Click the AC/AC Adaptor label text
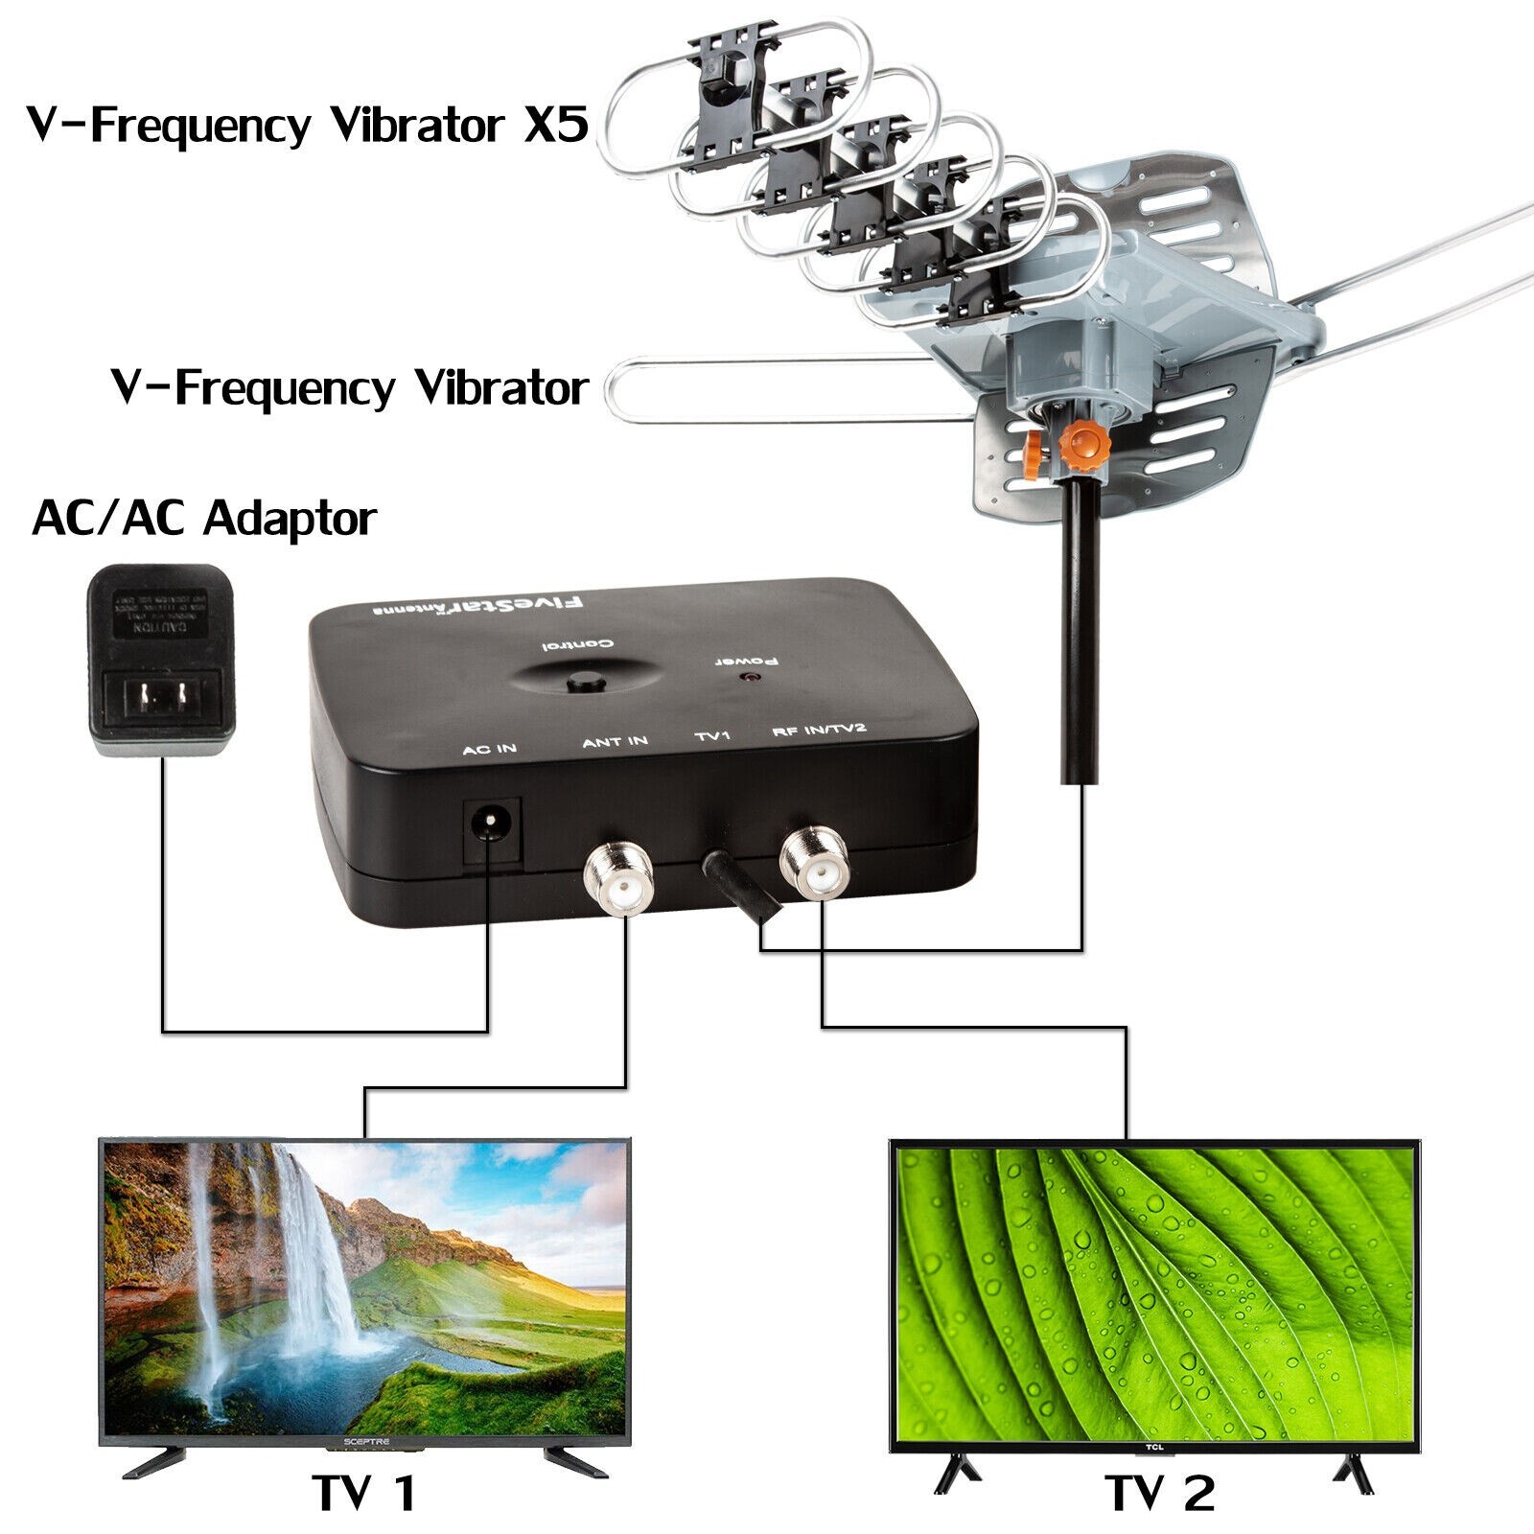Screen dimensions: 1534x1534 click(x=203, y=520)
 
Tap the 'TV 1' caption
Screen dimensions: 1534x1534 click(x=363, y=1493)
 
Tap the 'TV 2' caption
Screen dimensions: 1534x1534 click(x=1159, y=1493)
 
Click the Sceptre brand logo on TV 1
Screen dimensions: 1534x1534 click(x=364, y=1441)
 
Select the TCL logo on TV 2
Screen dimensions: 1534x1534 click(x=1153, y=1447)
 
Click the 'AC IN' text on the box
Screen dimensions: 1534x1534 click(x=489, y=748)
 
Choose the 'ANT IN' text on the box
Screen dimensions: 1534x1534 click(x=615, y=741)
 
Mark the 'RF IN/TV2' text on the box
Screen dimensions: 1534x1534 click(x=819, y=732)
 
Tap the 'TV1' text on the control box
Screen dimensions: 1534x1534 click(x=712, y=736)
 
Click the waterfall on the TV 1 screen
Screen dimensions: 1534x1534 click(x=307, y=1246)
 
